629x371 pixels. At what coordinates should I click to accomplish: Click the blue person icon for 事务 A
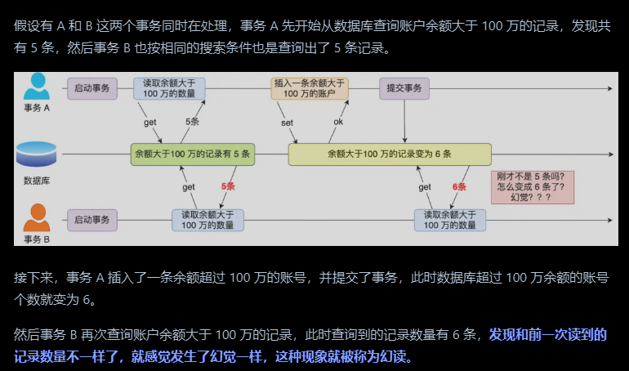click(36, 86)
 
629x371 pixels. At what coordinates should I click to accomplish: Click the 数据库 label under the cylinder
click(37, 181)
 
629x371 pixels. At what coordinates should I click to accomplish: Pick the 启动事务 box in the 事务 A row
click(92, 87)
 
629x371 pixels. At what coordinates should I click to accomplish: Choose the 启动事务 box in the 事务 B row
click(92, 219)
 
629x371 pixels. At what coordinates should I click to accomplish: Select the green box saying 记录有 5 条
click(193, 154)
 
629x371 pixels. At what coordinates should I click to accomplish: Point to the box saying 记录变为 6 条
click(389, 154)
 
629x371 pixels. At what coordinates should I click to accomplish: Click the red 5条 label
click(228, 186)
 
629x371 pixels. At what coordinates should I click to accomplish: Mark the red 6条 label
click(459, 186)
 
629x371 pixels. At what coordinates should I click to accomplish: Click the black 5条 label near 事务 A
click(192, 121)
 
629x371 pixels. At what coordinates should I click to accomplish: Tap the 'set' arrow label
click(287, 123)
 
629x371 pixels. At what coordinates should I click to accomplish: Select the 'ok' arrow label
click(338, 122)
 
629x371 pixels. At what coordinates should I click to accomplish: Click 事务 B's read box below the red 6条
click(449, 219)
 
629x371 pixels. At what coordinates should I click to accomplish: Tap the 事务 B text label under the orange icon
click(37, 239)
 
